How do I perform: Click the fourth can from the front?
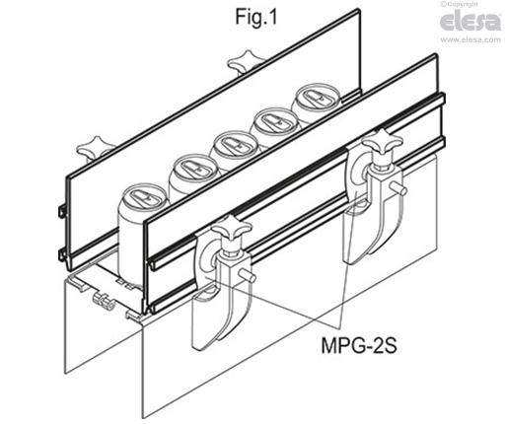coord(273,122)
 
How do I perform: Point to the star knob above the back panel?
coord(242,65)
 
